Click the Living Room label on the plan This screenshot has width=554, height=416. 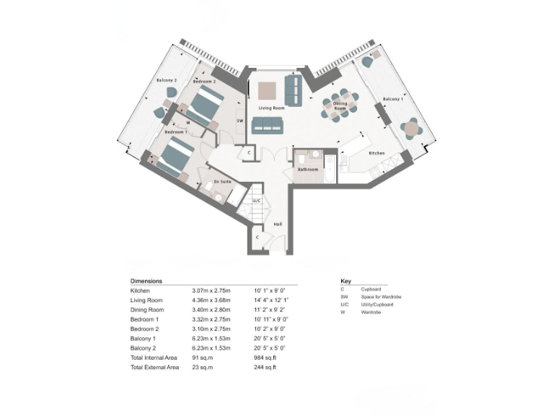tap(272, 108)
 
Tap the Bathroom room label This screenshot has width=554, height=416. tap(308, 169)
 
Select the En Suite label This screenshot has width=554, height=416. tap(222, 182)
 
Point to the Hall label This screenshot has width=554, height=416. tap(278, 224)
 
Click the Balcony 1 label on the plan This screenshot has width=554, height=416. tap(393, 98)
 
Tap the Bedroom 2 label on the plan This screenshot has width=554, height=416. tap(204, 82)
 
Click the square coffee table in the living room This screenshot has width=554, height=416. tap(266, 90)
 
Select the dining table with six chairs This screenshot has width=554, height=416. tap(339, 105)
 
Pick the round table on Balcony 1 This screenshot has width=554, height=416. tap(411, 129)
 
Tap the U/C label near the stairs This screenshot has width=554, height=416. tap(256, 200)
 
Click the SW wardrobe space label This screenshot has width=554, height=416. tap(239, 121)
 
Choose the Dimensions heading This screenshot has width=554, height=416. tap(146, 281)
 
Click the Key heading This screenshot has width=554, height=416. tap(345, 281)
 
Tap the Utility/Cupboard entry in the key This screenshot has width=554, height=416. tap(377, 304)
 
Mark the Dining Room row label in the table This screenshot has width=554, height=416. tap(147, 309)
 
